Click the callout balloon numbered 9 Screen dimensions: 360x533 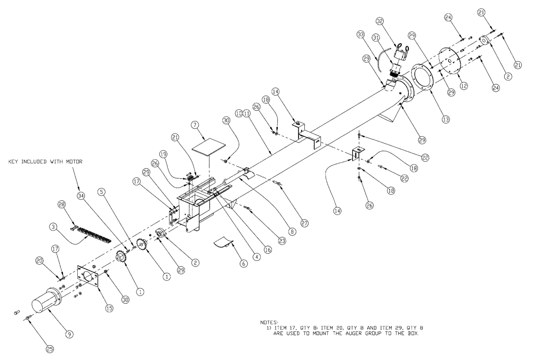[69, 334]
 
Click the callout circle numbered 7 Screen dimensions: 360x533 [195, 124]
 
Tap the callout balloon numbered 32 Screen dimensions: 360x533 [394, 21]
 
